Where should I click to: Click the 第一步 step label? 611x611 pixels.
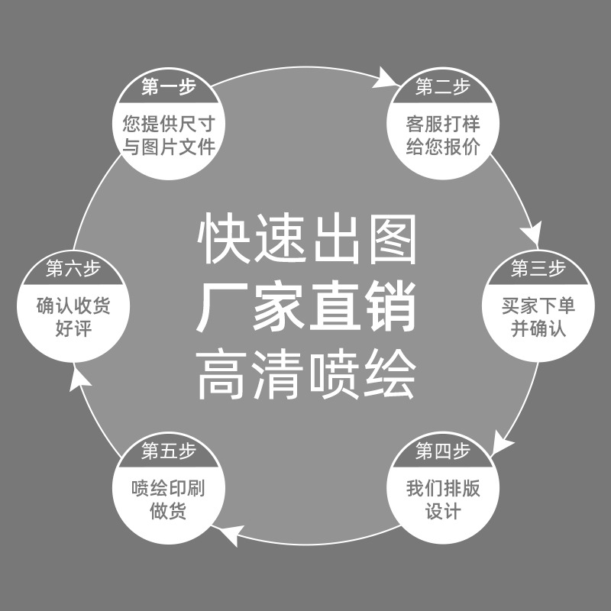[169, 88]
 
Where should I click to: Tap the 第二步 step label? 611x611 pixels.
[443, 88]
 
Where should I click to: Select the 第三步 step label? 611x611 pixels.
[538, 269]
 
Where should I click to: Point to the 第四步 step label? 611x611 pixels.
[443, 451]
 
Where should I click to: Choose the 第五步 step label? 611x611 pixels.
[169, 451]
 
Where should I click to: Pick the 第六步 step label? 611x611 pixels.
[73, 269]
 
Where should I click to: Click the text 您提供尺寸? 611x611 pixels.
[169, 123]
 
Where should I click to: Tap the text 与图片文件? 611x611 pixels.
[169, 147]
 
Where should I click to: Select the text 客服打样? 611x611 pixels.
[443, 123]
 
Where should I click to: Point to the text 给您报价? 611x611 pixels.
[443, 147]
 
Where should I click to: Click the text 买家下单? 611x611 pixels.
[538, 306]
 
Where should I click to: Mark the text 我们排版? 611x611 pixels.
[443, 488]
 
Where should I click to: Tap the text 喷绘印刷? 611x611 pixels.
[169, 488]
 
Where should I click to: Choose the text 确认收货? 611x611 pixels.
[73, 306]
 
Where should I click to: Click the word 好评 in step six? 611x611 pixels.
[73, 330]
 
